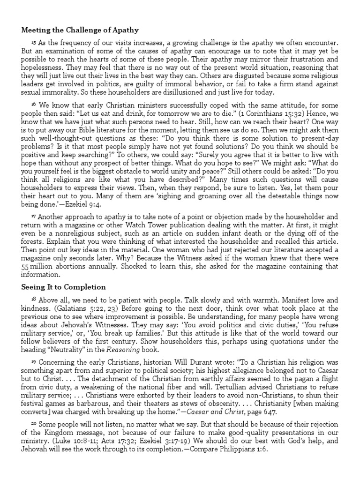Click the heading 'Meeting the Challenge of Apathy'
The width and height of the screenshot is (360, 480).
[x=80, y=30]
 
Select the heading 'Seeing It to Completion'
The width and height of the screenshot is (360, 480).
[x=63, y=286]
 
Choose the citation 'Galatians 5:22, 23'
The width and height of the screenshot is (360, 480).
[x=83, y=308]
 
